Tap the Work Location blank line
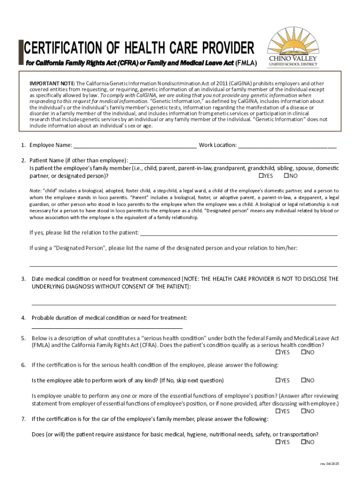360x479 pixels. click(287, 145)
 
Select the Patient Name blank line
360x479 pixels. click(234, 160)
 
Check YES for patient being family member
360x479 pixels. click(262, 176)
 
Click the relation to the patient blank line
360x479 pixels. click(238, 232)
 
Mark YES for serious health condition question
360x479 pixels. click(278, 352)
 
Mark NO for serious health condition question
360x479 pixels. click(303, 352)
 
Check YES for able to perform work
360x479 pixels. click(278, 380)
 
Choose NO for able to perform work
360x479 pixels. click(303, 380)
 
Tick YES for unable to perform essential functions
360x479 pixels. click(278, 411)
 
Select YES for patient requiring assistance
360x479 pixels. click(278, 442)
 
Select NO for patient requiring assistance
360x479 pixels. click(303, 442)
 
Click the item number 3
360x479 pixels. click(23, 279)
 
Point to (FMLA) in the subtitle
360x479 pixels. click(246, 62)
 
